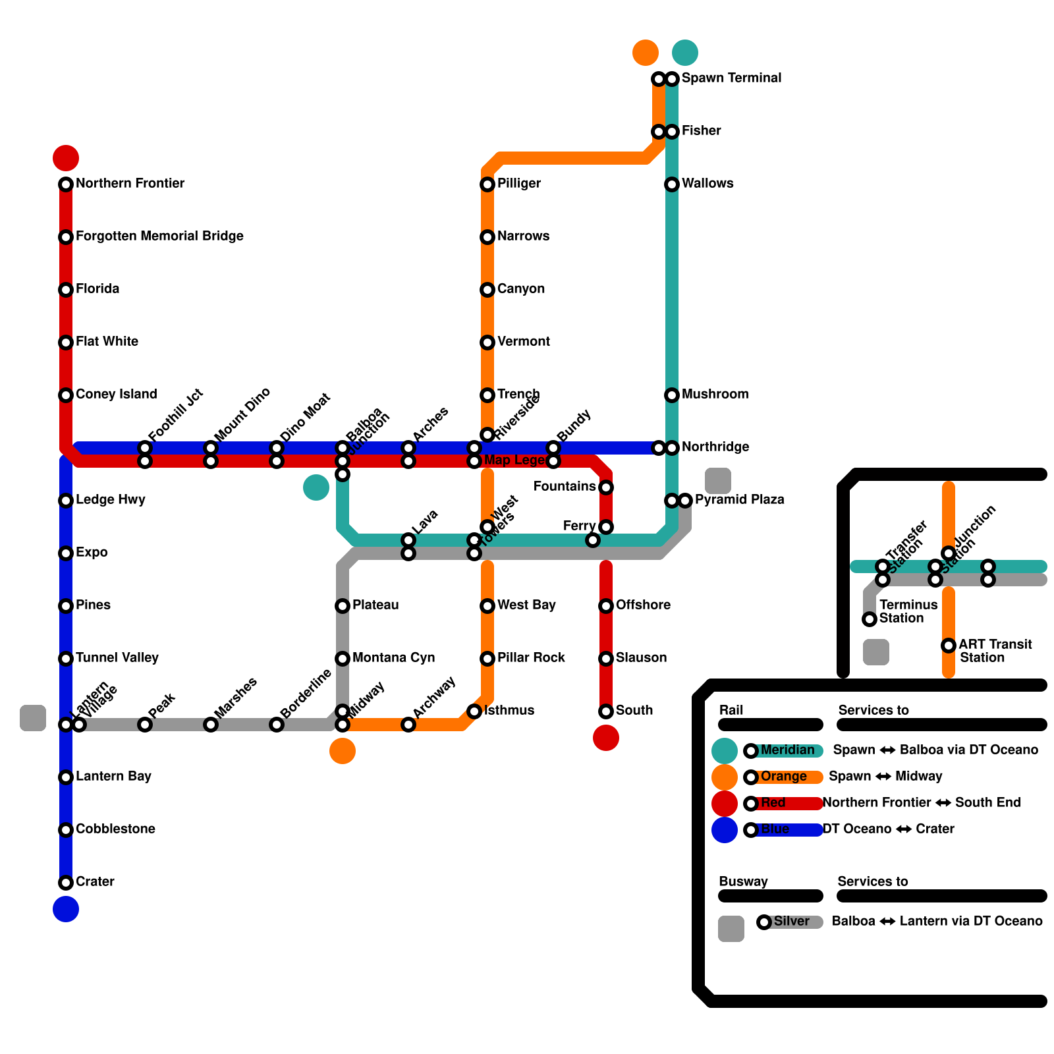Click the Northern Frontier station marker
pyautogui.click(x=66, y=184)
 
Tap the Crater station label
pyautogui.click(x=95, y=881)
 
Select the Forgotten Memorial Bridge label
pyautogui.click(x=159, y=236)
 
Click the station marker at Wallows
pyautogui.click(x=672, y=184)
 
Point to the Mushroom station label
pyautogui.click(x=715, y=394)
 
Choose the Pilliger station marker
pyautogui.click(x=487, y=184)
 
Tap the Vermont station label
pyautogui.click(x=523, y=341)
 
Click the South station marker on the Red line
pyautogui.click(x=606, y=711)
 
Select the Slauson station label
pyautogui.click(x=641, y=657)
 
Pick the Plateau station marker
pyautogui.click(x=343, y=606)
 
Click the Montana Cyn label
pyautogui.click(x=393, y=657)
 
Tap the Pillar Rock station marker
pyautogui.click(x=487, y=659)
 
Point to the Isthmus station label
pyautogui.click(x=509, y=710)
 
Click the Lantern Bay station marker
pyautogui.click(x=66, y=777)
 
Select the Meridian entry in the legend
pyautogui.click(x=787, y=750)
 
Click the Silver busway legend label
pyautogui.click(x=791, y=921)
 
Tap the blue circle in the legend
pyautogui.click(x=725, y=830)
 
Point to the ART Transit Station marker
pyautogui.click(x=949, y=646)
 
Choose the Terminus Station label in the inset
pyautogui.click(x=908, y=611)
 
